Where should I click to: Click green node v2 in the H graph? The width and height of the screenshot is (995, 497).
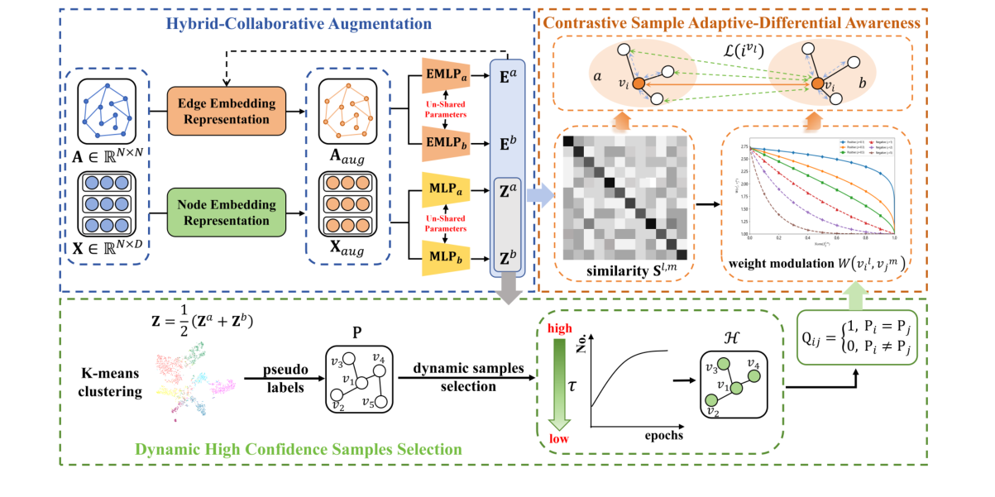(x=711, y=401)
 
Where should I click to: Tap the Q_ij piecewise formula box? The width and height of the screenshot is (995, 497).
(x=863, y=338)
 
